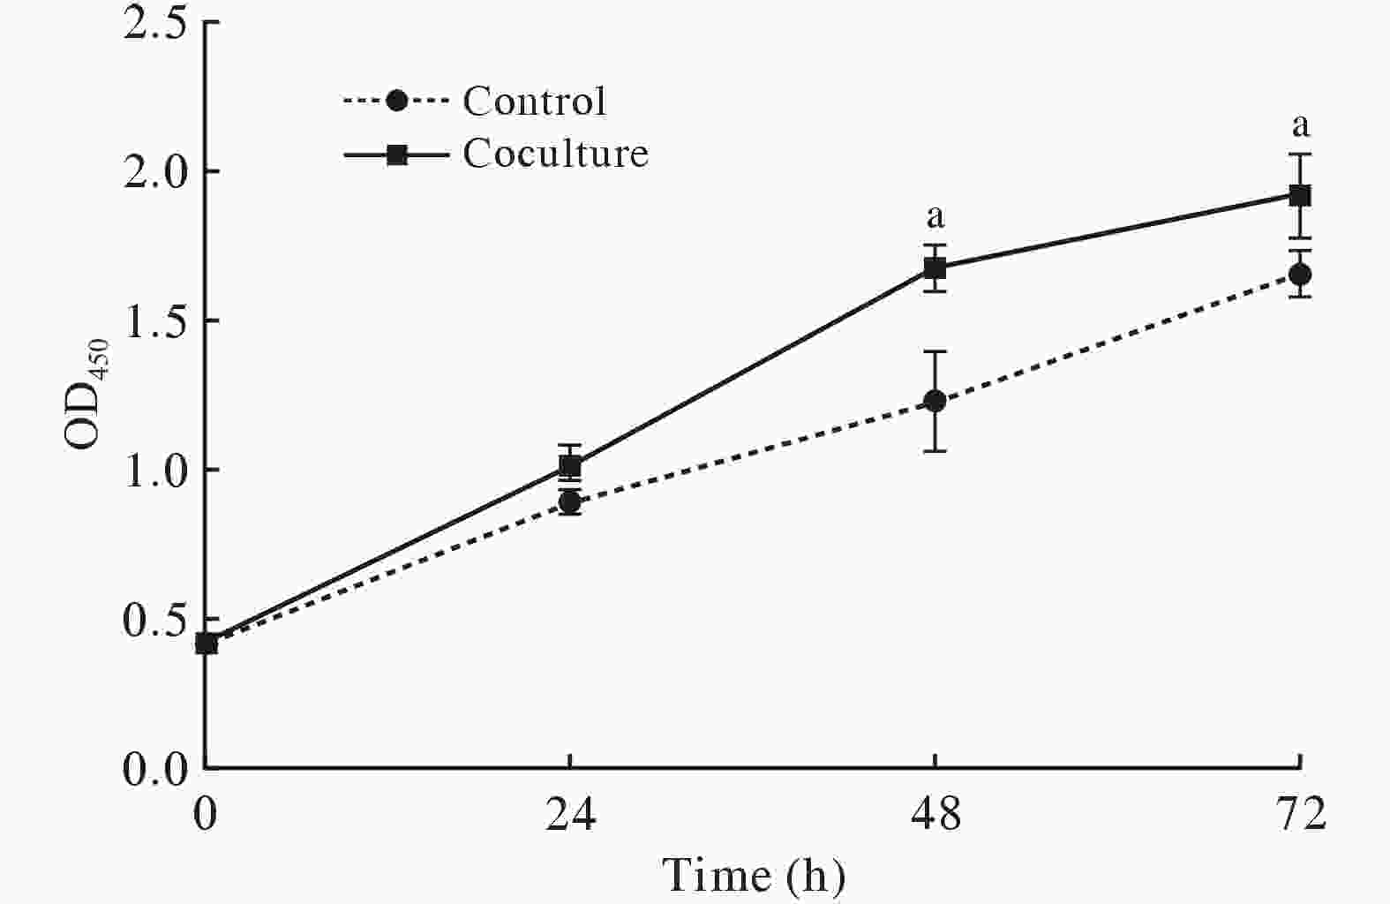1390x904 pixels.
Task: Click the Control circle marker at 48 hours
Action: coord(935,401)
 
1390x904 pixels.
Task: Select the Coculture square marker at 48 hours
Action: coord(935,267)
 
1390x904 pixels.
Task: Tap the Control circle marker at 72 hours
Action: coord(1299,274)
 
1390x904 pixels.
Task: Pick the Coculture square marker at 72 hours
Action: coord(1299,195)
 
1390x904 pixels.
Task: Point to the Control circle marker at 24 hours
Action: coord(570,502)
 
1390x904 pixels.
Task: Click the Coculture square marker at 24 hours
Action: coord(570,465)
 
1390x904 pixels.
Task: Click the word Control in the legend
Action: coord(535,102)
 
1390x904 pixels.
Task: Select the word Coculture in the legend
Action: coord(556,154)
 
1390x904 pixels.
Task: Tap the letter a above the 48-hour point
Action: coord(935,215)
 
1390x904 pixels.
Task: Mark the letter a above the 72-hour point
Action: coord(1300,126)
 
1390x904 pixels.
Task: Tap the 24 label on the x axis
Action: coord(570,815)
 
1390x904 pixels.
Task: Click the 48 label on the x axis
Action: coord(935,815)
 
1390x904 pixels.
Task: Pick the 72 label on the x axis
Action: coord(1299,815)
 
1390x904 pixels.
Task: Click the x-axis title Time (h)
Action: coord(754,876)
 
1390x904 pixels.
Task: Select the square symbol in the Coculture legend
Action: coord(397,154)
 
